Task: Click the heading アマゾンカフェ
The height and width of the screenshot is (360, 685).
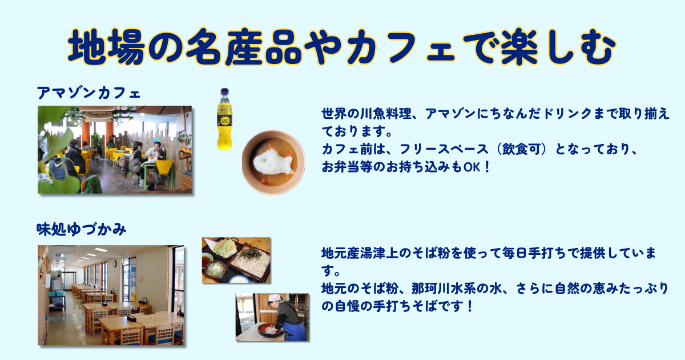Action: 88,93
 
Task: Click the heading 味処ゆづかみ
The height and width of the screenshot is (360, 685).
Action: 81,230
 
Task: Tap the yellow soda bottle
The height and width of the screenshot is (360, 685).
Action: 225,119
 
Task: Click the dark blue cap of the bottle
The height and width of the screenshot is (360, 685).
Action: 225,91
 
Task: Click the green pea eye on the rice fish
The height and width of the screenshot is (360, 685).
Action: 264,159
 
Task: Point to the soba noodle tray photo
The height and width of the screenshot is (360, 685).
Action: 236,260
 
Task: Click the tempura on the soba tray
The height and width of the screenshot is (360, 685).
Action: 225,247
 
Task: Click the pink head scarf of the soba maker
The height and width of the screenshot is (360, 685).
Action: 275,298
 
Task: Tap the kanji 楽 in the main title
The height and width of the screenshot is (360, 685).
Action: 519,47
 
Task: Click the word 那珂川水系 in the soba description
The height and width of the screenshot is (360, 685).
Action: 444,289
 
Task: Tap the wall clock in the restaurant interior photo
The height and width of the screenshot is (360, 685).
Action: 114,263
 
